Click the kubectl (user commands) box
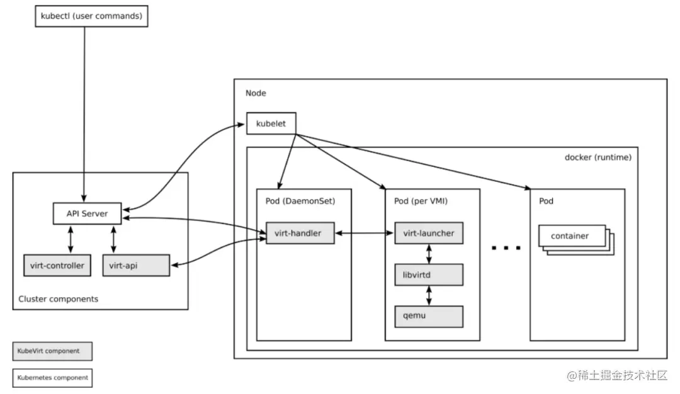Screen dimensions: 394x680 tap(91, 15)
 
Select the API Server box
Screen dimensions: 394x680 tap(87, 213)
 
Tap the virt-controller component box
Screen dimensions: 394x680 tap(57, 266)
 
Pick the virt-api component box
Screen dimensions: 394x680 tap(136, 266)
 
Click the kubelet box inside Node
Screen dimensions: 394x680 tap(271, 123)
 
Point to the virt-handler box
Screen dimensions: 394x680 tap(298, 234)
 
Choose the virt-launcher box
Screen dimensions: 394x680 tap(429, 234)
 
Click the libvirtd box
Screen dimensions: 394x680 tap(429, 274)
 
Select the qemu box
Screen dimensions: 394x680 tap(429, 316)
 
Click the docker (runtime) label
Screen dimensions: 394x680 tap(597, 157)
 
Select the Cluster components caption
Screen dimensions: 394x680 tap(59, 299)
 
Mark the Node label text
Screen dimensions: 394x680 tap(256, 93)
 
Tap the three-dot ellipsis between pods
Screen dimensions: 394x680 tap(506, 248)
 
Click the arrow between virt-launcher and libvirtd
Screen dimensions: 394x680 tap(429, 254)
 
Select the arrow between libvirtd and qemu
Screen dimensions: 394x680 tap(429, 295)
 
